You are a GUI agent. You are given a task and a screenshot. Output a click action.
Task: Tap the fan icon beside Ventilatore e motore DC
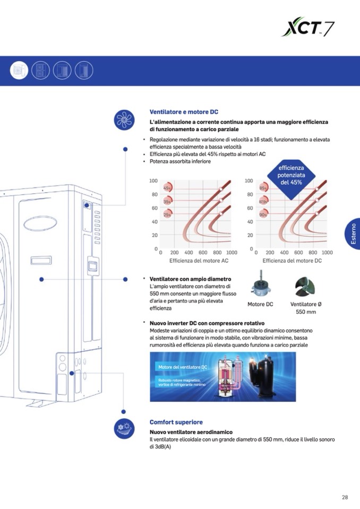tap(125, 119)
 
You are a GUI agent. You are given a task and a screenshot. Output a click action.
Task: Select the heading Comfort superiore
tap(176, 422)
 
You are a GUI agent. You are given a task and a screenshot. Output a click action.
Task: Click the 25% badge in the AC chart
tap(167, 214)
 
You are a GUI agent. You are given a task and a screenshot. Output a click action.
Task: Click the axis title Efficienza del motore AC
tap(199, 261)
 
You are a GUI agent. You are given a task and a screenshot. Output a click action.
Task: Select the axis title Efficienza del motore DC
tap(292, 261)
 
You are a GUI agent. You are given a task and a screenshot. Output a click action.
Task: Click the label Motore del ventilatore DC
tap(183, 367)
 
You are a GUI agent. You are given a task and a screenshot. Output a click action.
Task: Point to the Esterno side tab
tap(353, 234)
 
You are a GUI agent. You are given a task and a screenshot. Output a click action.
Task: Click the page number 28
tap(345, 497)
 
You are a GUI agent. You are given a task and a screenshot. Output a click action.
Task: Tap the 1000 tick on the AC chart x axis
tap(231, 253)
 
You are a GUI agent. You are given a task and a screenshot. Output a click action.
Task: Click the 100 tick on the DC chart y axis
tap(248, 181)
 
